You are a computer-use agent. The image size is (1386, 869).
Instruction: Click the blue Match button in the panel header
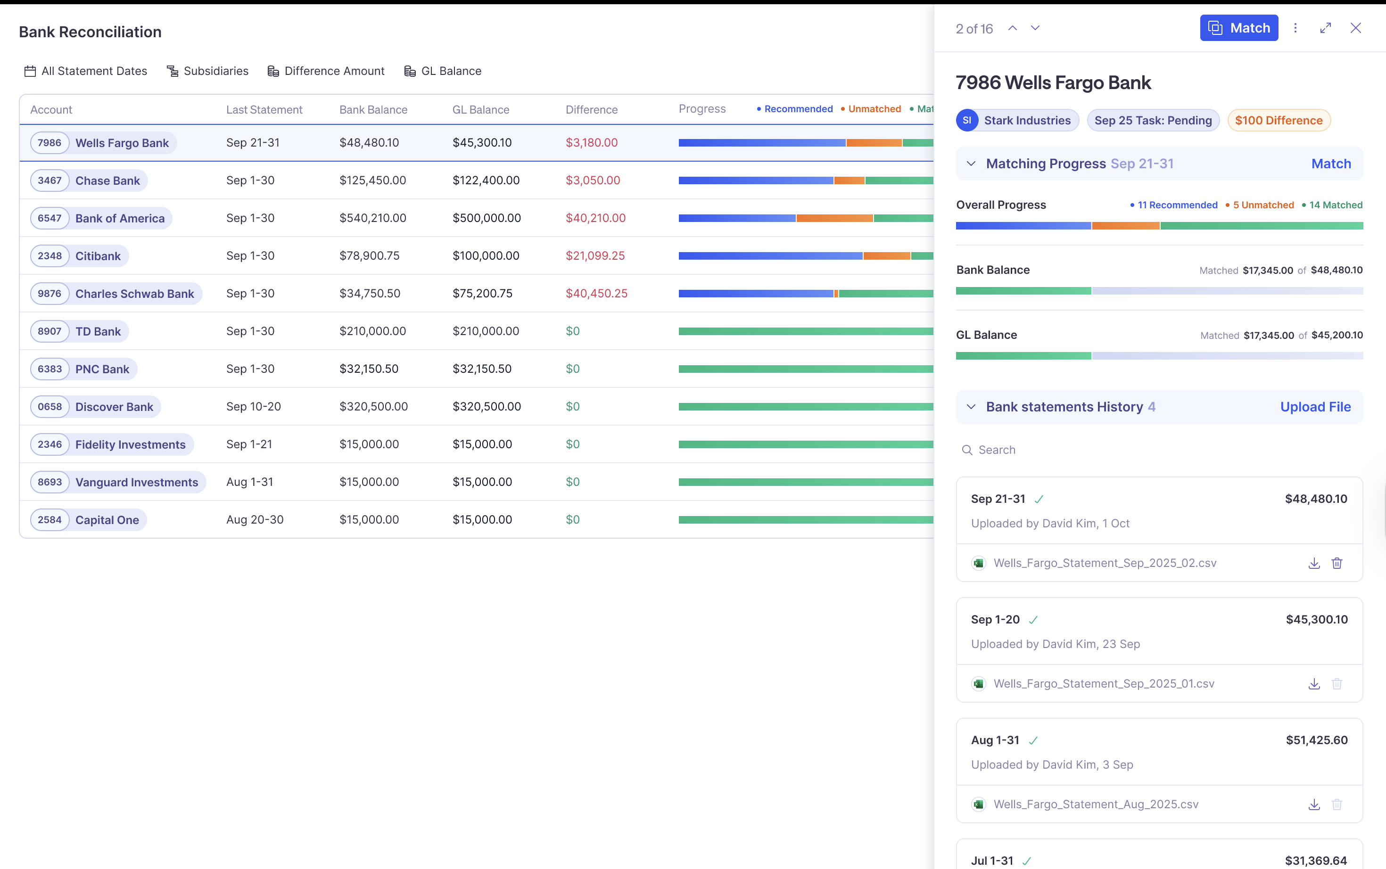click(1238, 28)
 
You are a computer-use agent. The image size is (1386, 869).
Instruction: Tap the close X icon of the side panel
click(1355, 28)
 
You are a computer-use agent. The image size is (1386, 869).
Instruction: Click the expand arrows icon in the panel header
click(1325, 28)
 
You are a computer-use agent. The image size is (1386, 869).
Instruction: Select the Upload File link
click(1315, 407)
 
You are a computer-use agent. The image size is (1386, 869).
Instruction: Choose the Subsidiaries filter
click(207, 71)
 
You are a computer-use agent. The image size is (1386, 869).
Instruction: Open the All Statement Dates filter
click(86, 71)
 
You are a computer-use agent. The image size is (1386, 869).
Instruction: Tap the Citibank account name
click(98, 256)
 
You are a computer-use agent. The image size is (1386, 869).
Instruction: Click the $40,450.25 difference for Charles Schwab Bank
click(596, 294)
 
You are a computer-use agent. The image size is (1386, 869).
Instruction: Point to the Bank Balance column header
click(373, 110)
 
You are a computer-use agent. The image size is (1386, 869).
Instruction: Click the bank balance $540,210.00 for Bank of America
click(372, 218)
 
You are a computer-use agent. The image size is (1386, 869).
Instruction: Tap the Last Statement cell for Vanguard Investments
click(249, 482)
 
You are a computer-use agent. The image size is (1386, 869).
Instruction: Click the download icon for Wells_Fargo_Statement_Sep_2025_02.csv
click(1313, 563)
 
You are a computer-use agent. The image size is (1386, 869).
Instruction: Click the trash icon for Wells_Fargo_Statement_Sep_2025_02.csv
click(1336, 563)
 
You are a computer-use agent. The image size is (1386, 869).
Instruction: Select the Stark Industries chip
click(1017, 121)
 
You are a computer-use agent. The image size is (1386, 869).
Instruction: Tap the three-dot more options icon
click(1295, 28)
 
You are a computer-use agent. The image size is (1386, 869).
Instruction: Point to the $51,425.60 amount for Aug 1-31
click(1316, 740)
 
